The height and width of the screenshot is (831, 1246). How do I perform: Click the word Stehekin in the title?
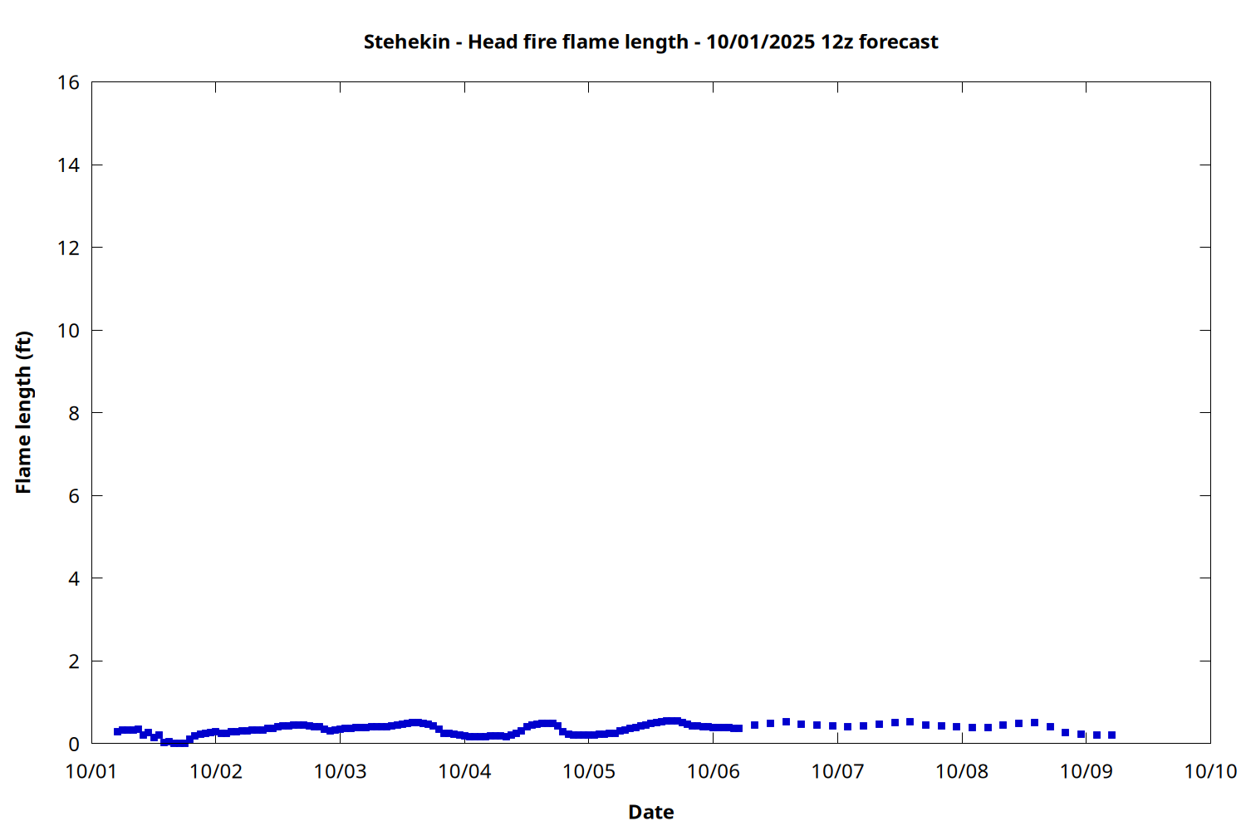point(407,42)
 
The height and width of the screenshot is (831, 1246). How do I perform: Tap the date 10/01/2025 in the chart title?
point(761,42)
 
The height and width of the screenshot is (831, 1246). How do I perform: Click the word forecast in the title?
point(899,42)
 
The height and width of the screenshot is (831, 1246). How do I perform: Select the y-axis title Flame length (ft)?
point(23,412)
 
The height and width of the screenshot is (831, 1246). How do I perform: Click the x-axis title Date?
point(650,812)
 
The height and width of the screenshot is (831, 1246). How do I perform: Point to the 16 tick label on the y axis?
point(69,82)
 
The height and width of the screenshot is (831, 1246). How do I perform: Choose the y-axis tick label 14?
point(69,165)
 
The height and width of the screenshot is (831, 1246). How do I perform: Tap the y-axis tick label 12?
point(69,248)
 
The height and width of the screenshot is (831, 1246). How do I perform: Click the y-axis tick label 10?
point(69,331)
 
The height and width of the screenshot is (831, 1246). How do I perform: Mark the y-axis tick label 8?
point(74,413)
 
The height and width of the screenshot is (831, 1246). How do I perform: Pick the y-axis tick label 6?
point(74,496)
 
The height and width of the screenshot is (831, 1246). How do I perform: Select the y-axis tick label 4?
point(74,578)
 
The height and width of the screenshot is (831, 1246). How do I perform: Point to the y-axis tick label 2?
point(74,661)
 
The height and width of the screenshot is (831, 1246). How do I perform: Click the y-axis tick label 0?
point(74,744)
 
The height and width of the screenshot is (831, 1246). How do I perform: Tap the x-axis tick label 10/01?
point(91,771)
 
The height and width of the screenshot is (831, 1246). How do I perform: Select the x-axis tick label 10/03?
point(340,771)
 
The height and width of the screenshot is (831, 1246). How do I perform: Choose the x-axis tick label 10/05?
point(589,771)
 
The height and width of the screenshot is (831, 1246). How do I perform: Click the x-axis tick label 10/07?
point(837,771)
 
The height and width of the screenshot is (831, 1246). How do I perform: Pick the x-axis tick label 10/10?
point(1210,771)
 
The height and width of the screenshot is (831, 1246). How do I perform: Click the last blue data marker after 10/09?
point(1112,735)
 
